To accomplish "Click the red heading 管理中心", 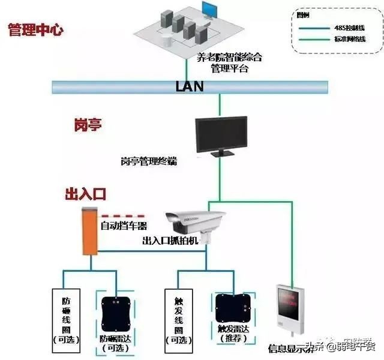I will pyautogui.click(x=35, y=30).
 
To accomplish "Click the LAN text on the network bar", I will pyautogui.click(x=190, y=86).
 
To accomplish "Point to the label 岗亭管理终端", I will pyautogui.click(x=149, y=162).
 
